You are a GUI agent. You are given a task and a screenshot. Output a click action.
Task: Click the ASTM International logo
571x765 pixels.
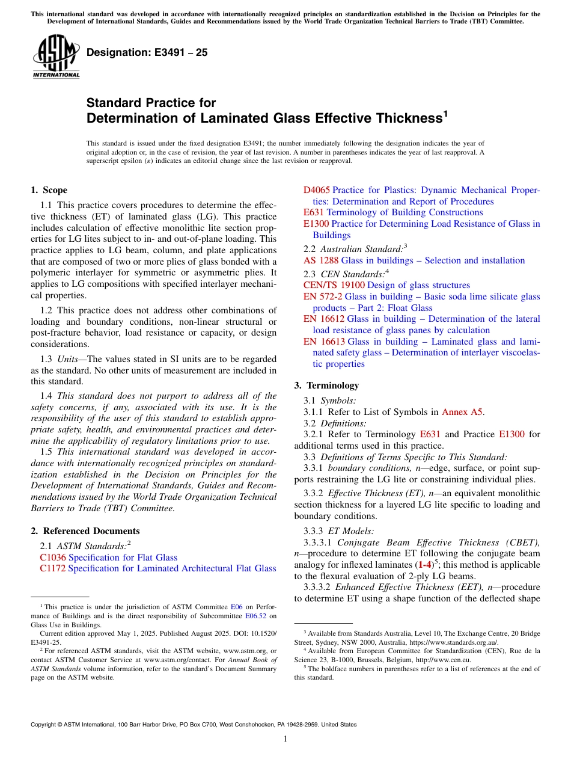point(56,57)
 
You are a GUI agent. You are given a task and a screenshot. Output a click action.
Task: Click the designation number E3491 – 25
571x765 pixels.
point(147,52)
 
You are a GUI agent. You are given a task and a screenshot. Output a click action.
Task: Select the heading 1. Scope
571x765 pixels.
point(49,190)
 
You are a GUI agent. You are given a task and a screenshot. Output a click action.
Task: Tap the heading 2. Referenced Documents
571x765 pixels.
point(85,531)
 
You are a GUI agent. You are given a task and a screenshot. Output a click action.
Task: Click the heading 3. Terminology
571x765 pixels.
point(326,386)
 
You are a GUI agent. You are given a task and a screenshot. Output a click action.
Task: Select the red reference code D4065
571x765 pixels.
point(317,190)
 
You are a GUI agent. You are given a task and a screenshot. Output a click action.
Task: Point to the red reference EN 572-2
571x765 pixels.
point(323,296)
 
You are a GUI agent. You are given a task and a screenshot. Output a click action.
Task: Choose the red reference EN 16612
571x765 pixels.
point(324,319)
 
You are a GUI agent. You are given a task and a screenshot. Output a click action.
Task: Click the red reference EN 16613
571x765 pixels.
point(324,342)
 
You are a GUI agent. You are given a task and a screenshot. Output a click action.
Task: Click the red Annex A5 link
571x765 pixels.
point(462,412)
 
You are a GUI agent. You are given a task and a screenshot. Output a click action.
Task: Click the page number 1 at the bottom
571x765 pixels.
point(285,739)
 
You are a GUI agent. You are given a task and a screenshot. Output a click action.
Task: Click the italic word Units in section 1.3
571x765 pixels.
point(75,359)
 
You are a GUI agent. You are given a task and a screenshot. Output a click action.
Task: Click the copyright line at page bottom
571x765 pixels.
point(194,725)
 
